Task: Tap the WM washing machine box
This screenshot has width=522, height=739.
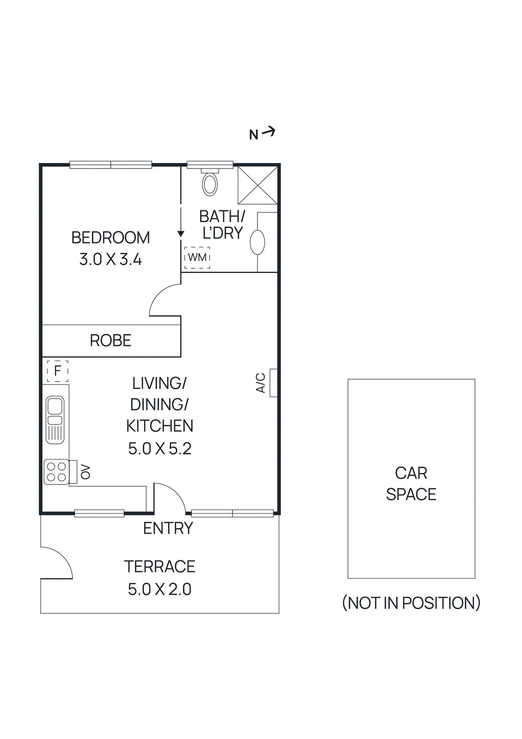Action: click(x=197, y=257)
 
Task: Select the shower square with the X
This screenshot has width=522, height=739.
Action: click(x=258, y=185)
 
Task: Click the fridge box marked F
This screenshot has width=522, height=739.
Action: click(x=58, y=371)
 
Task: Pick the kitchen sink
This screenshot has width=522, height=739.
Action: click(x=55, y=419)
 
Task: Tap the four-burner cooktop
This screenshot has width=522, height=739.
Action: click(x=56, y=472)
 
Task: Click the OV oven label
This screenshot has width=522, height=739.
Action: click(x=85, y=472)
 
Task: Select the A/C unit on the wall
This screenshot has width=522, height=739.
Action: click(x=273, y=383)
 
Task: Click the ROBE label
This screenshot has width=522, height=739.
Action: click(x=111, y=341)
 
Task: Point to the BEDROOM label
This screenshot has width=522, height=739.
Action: click(x=111, y=238)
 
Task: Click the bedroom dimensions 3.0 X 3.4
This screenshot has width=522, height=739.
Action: click(x=111, y=260)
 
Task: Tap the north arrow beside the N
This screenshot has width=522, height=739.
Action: click(x=269, y=132)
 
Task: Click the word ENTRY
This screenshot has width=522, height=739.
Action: click(x=168, y=528)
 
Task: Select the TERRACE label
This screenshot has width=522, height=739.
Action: click(x=160, y=567)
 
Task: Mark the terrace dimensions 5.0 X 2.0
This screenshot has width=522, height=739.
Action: click(x=160, y=589)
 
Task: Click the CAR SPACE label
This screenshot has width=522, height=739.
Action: click(x=411, y=484)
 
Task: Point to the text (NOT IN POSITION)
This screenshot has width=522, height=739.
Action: click(x=411, y=603)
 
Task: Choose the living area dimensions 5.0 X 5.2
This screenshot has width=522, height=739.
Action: click(x=160, y=448)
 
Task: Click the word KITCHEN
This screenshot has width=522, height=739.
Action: click(x=160, y=426)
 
